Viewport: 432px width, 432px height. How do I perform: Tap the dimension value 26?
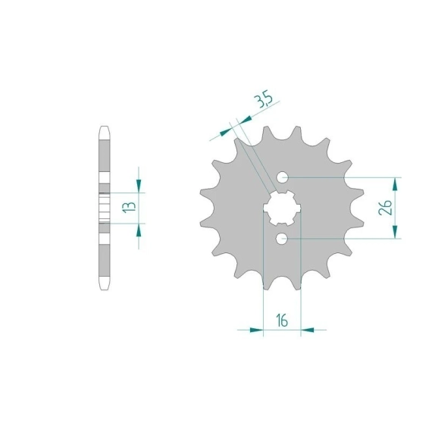pyautogui.click(x=385, y=207)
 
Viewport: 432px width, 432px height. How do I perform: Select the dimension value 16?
pyautogui.click(x=282, y=321)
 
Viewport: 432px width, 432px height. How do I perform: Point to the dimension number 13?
pyautogui.click(x=129, y=207)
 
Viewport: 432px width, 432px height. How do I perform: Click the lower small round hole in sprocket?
pyautogui.click(x=282, y=239)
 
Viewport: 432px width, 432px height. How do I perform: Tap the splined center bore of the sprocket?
pyautogui.click(x=282, y=208)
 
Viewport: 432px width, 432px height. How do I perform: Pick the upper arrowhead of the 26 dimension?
pyautogui.click(x=395, y=184)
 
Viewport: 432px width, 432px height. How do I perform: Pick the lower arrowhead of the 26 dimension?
pyautogui.click(x=395, y=232)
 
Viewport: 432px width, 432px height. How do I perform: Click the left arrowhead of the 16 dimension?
pyautogui.click(x=256, y=330)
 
